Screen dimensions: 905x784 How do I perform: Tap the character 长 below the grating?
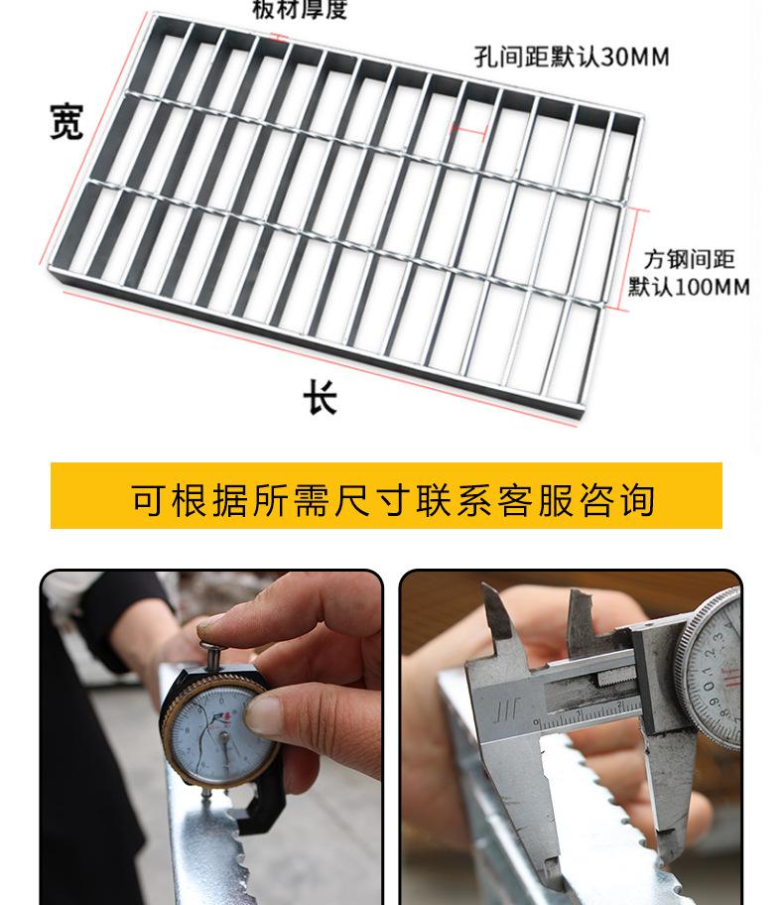[320, 398]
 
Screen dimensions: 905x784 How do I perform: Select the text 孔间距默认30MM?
[571, 57]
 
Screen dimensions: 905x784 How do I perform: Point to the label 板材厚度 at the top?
[299, 11]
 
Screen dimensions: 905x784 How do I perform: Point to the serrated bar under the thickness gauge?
[213, 853]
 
